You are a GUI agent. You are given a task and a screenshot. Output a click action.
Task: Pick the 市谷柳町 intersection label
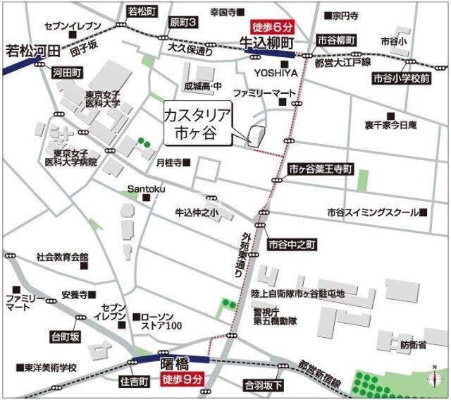[336, 41]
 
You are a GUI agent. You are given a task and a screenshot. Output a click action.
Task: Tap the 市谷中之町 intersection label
[293, 244]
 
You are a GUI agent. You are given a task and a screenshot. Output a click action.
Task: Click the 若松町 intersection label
[143, 11]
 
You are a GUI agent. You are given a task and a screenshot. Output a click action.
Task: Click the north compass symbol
[433, 378]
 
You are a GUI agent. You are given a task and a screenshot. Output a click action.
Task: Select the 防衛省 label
[412, 345]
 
